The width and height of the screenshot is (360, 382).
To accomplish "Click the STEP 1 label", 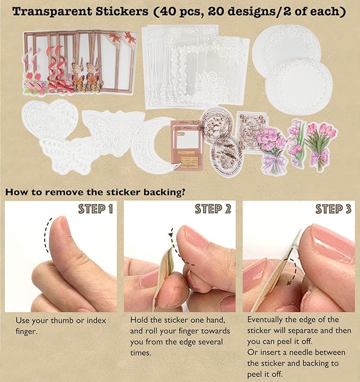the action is click(x=95, y=209).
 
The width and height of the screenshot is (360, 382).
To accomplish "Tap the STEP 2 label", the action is click(x=213, y=209).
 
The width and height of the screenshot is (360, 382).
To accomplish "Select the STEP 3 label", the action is click(x=333, y=209).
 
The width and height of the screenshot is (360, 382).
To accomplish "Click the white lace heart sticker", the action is click(x=49, y=118).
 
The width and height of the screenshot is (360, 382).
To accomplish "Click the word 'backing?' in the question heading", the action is click(x=164, y=192).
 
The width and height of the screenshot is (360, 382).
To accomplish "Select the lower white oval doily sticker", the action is click(x=298, y=88).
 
